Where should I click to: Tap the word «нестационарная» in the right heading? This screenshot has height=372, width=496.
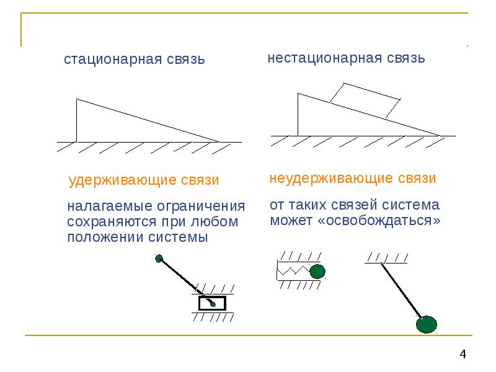coord(316,58)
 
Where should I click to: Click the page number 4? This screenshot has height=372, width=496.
coord(463,354)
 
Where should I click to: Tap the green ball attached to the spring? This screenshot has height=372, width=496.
coord(317,271)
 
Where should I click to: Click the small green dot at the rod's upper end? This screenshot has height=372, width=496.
coord(159,258)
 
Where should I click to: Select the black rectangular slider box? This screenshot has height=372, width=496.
coord(212,303)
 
